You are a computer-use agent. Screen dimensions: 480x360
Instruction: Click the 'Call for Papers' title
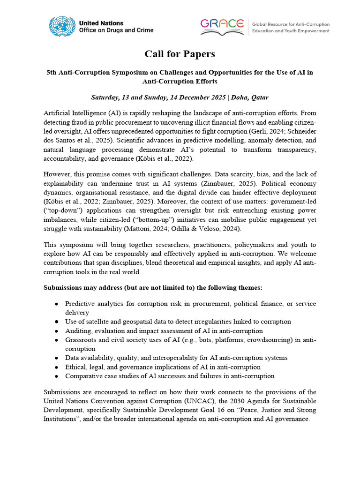180,54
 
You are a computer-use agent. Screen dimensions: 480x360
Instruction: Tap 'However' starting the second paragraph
58,174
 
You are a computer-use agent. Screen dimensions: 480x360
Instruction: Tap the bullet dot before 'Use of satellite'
56,322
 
